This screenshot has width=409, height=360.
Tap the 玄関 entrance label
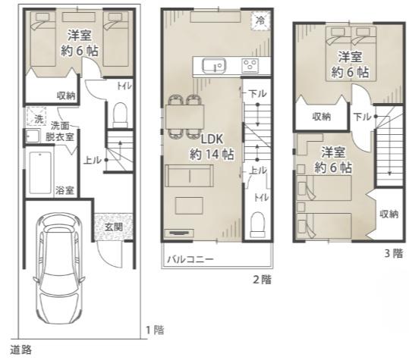pyautogui.click(x=114, y=227)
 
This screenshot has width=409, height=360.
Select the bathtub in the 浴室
pyautogui.click(x=40, y=173)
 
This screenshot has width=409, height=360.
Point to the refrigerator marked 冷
pyautogui.click(x=260, y=20)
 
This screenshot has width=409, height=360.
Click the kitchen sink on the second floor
pyautogui.click(x=214, y=65)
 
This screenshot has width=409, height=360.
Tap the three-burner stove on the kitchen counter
pyautogui.click(x=250, y=65)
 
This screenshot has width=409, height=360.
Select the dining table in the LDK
pyautogui.click(x=184, y=117)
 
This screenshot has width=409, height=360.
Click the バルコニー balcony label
pyautogui.click(x=190, y=259)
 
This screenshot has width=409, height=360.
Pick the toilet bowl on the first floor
pyautogui.click(x=120, y=114)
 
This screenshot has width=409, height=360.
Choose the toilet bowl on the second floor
pyautogui.click(x=258, y=224)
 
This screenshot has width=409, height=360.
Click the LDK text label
pyautogui.click(x=212, y=139)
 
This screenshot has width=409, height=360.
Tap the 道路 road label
pyautogui.click(x=21, y=349)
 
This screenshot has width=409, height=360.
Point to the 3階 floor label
pyautogui.click(x=394, y=253)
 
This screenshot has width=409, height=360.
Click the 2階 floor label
pyautogui.click(x=263, y=280)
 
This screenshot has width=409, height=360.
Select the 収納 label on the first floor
pyautogui.click(x=66, y=95)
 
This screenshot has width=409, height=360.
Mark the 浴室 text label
pyautogui.click(x=64, y=190)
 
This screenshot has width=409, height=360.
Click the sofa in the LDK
pyautogui.click(x=189, y=176)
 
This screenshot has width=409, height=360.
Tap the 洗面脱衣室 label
pyautogui.click(x=60, y=131)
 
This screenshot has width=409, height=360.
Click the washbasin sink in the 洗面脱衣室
pyautogui.click(x=33, y=136)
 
